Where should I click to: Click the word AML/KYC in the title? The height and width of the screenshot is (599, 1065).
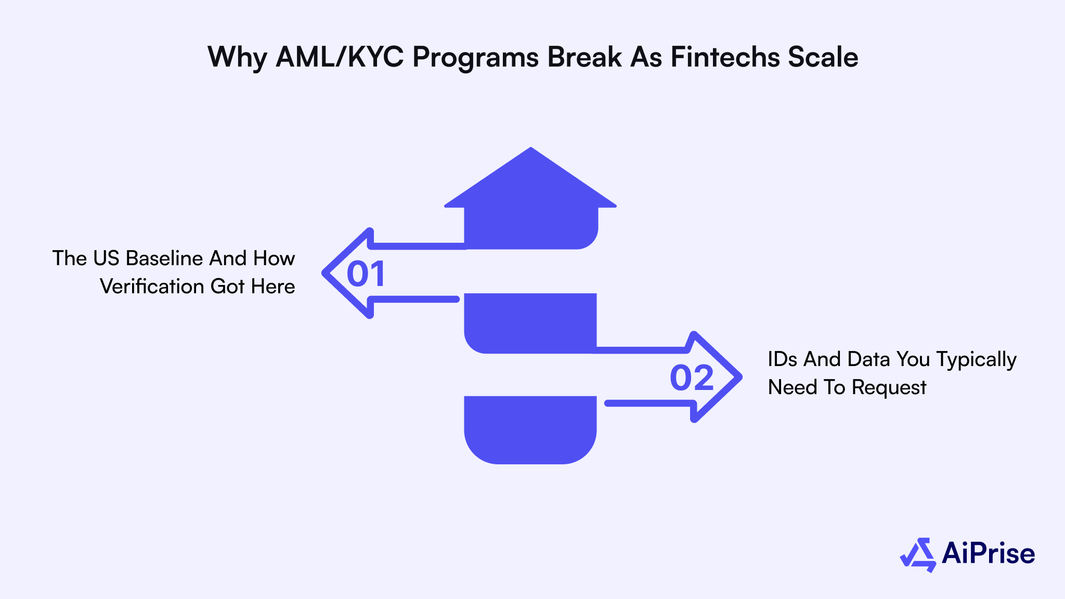(339, 57)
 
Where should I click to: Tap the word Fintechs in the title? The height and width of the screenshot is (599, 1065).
(724, 57)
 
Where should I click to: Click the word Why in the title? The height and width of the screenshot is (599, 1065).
(237, 57)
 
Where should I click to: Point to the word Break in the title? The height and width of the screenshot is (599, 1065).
(584, 57)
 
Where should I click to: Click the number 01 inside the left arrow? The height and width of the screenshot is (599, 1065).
(366, 274)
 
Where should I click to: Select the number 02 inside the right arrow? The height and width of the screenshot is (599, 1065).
(691, 378)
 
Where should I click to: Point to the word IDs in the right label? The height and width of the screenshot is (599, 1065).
(782, 359)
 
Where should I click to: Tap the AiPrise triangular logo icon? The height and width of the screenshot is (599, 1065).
(918, 555)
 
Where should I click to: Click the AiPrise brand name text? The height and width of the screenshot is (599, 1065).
(988, 553)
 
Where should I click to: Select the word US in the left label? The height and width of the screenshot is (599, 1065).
(106, 258)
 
